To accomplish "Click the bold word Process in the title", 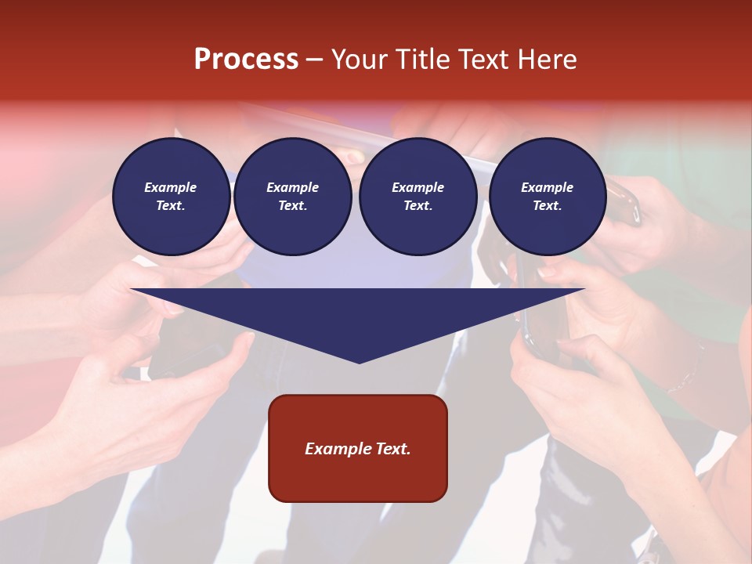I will click(246, 60).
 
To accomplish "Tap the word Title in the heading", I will click(421, 60).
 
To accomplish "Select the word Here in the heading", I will click(547, 60).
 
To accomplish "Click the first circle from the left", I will click(171, 197).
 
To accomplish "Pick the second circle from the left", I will click(292, 197).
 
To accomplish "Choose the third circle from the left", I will click(418, 197).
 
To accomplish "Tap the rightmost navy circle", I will click(547, 197).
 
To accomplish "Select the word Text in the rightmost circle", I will click(547, 206).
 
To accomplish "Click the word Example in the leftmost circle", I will click(171, 187).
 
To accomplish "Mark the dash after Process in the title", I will click(315, 60).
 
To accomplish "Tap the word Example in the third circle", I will click(418, 187).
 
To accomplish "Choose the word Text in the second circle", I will click(292, 206).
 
